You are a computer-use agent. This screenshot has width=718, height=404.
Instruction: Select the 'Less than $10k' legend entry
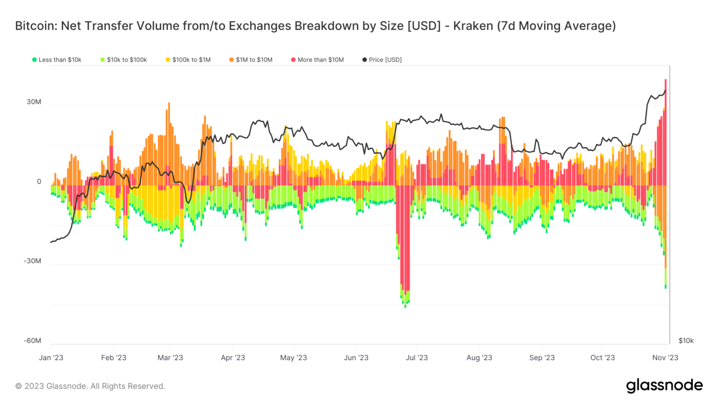(57, 60)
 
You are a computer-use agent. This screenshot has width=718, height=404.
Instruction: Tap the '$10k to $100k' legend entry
(124, 60)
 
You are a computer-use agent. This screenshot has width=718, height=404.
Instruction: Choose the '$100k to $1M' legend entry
(188, 60)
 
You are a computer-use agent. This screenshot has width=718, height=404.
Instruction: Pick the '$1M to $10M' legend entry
(251, 60)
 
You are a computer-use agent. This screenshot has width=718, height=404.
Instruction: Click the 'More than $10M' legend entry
(317, 60)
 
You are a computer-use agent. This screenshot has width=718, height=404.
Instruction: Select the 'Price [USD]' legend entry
(382, 60)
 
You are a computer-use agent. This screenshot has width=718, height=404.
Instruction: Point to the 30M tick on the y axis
(34, 102)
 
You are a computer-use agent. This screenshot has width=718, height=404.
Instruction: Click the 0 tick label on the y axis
(39, 181)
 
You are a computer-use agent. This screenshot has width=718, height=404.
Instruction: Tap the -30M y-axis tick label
(32, 261)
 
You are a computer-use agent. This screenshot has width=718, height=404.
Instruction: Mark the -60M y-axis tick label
(32, 340)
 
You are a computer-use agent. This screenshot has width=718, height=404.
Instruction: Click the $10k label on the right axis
(686, 340)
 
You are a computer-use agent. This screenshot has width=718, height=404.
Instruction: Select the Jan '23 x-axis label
(51, 358)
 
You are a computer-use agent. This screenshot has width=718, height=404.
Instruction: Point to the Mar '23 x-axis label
(170, 358)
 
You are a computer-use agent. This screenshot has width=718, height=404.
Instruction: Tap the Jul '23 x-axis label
(416, 358)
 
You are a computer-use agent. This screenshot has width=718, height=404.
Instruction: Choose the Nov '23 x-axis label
(665, 358)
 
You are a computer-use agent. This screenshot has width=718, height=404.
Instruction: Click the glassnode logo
(664, 385)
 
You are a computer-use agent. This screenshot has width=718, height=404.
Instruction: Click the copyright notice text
(90, 386)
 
